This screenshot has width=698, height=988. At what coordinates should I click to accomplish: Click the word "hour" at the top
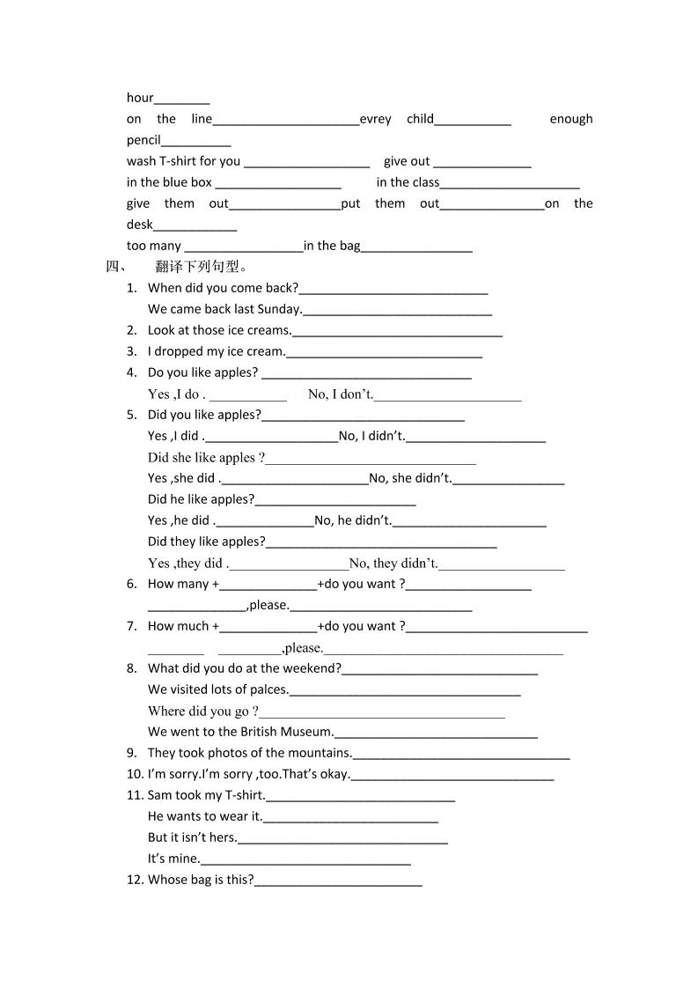click(140, 98)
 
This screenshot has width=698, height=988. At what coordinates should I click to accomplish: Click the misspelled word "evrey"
click(376, 119)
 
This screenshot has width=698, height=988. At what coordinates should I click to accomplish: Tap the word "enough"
click(571, 119)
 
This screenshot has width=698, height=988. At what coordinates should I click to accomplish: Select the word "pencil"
click(143, 140)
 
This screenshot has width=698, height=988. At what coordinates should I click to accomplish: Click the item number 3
click(131, 351)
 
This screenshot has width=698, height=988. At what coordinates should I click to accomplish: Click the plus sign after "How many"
click(216, 584)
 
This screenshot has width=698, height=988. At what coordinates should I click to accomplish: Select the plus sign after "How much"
click(216, 626)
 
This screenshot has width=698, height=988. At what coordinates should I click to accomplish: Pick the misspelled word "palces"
click(268, 689)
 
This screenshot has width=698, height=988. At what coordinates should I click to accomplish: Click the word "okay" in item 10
click(334, 774)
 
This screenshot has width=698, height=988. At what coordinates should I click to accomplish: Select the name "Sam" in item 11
click(159, 795)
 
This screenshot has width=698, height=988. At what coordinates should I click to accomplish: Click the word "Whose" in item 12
click(165, 880)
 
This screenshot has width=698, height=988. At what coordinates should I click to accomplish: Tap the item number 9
click(131, 753)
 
